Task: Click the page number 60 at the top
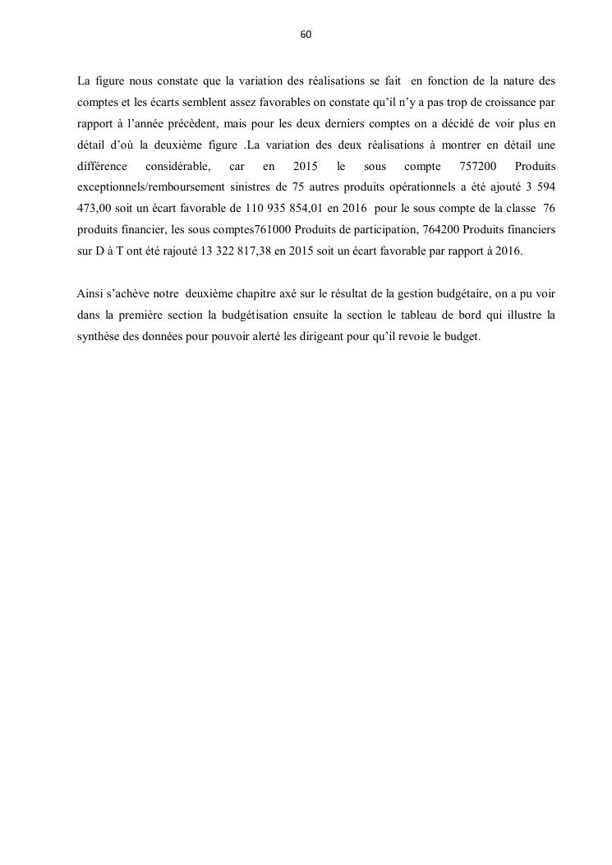coord(306,35)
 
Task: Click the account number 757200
coord(477,168)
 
